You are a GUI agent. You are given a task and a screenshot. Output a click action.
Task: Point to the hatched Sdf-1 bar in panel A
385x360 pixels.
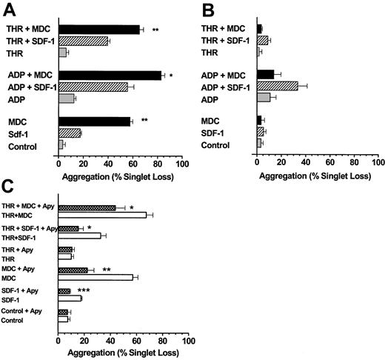click(70, 133)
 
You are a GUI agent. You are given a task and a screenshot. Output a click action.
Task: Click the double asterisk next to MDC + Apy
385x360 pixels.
click(107, 270)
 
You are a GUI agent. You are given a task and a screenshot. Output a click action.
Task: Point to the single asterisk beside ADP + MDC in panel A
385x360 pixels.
click(171, 75)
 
